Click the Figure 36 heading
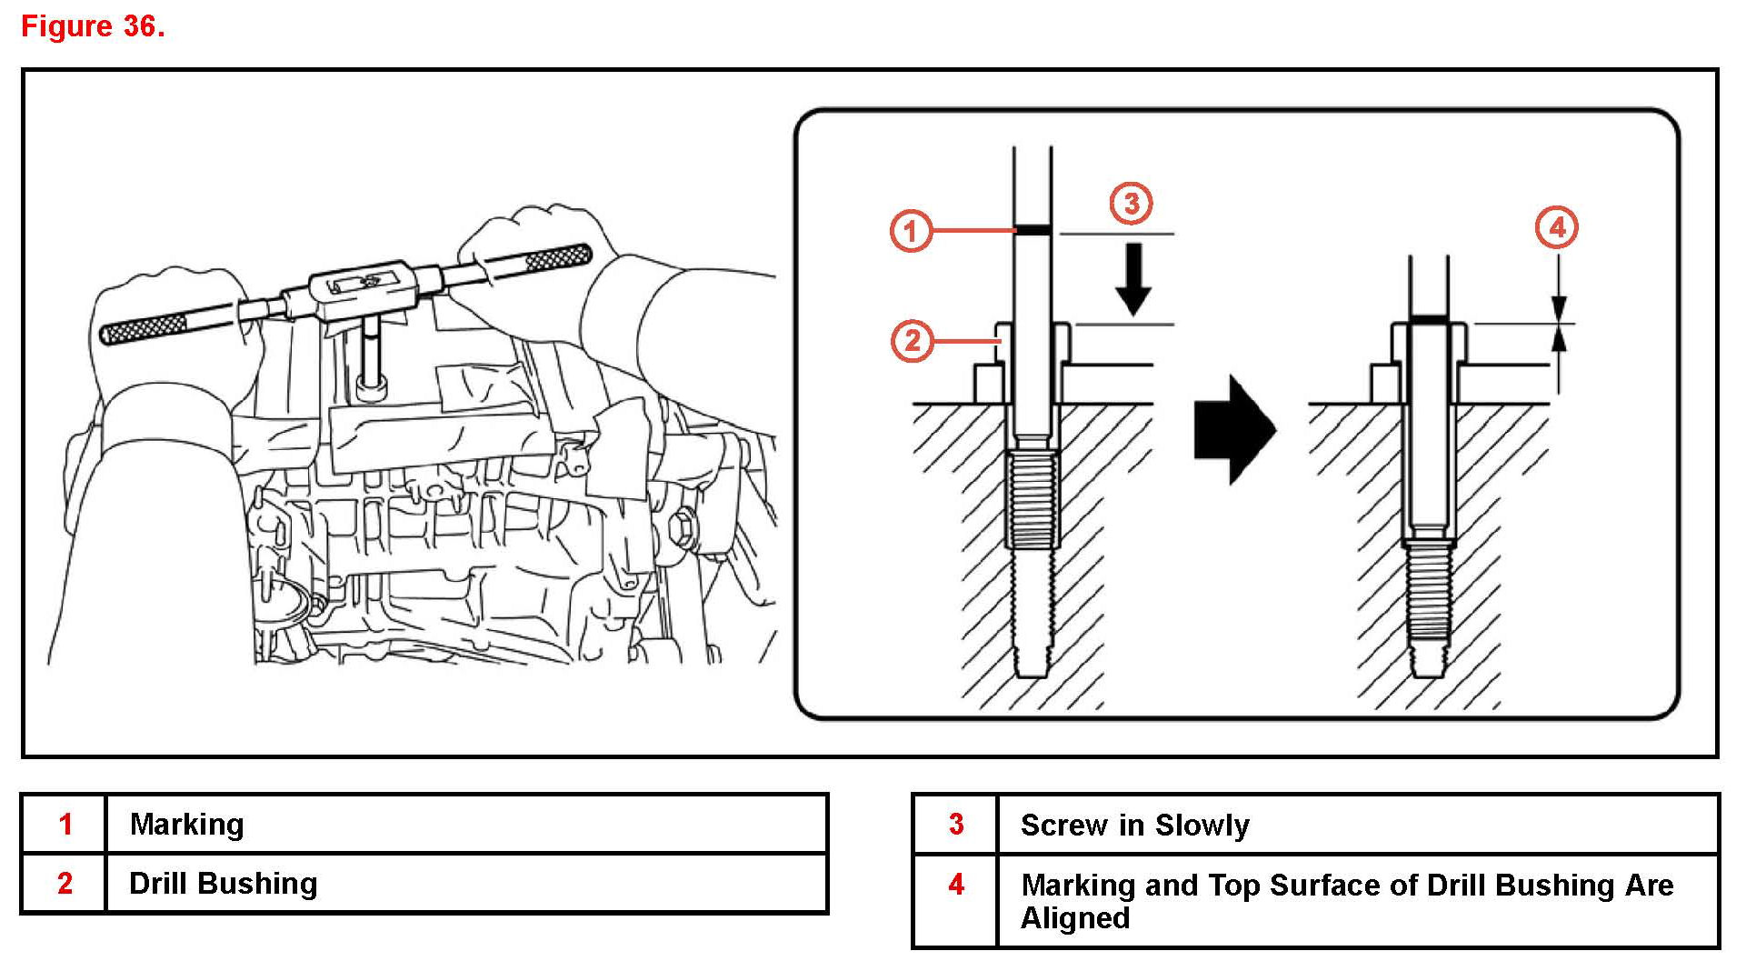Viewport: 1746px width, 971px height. (93, 26)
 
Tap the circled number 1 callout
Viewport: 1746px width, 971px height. (911, 231)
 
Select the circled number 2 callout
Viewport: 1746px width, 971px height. (913, 342)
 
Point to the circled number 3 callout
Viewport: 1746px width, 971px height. (1132, 203)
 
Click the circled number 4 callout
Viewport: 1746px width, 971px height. (1557, 227)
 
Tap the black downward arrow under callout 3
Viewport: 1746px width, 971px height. (1133, 279)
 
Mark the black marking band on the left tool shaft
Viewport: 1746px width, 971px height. (1033, 230)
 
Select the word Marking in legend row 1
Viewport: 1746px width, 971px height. (186, 825)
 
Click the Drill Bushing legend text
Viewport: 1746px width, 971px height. (224, 884)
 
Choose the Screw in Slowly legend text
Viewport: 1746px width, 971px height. (1134, 826)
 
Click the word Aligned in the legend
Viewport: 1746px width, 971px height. (1075, 918)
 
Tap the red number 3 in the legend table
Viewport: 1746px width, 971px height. (956, 825)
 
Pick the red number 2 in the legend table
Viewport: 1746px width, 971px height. (65, 884)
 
